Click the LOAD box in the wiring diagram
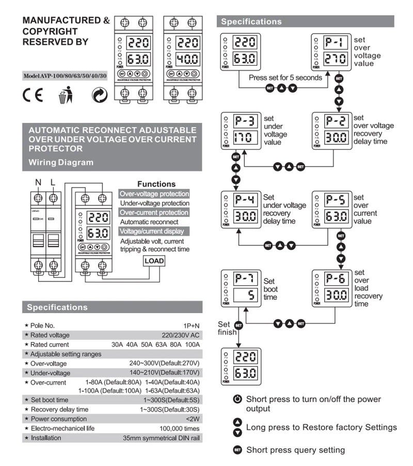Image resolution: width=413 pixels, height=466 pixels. click(154, 261)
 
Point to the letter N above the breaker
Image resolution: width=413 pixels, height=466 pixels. click(37, 183)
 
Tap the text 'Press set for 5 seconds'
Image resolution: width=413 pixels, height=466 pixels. click(285, 77)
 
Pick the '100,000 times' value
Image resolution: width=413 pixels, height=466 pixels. click(180, 428)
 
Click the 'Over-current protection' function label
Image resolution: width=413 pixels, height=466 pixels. click(154, 213)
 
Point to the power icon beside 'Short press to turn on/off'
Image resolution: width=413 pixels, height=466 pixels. click(237, 399)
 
